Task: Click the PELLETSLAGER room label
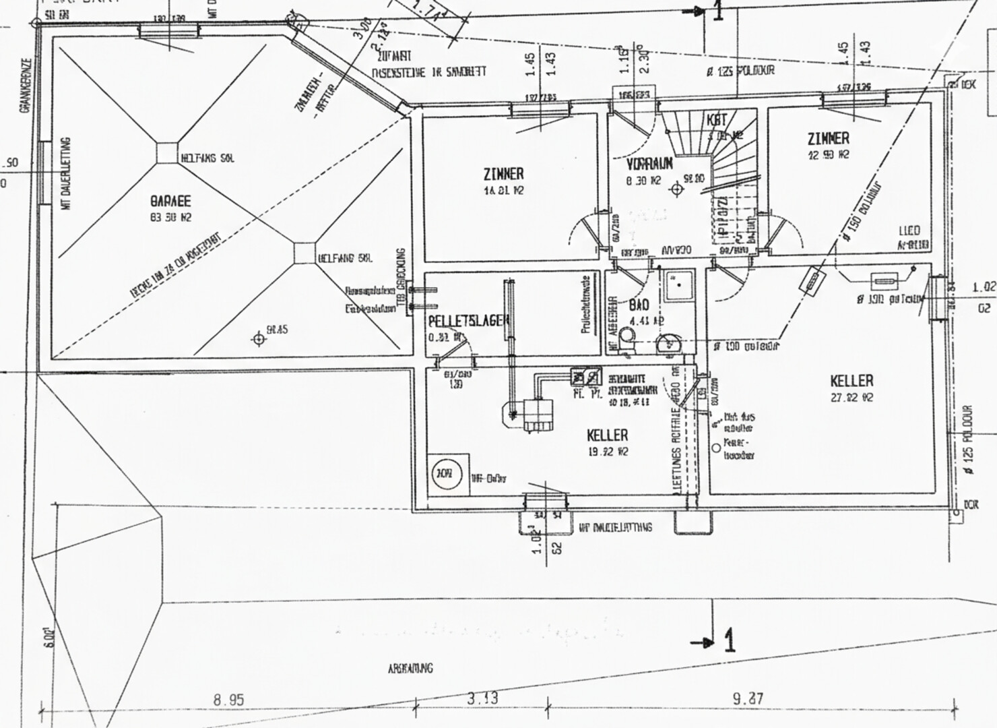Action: pyautogui.click(x=468, y=322)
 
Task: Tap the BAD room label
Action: pyautogui.click(x=639, y=305)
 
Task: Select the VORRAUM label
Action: pyautogui.click(x=649, y=164)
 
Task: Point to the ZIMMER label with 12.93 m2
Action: pyautogui.click(x=828, y=139)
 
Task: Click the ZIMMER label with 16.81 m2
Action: pyautogui.click(x=503, y=174)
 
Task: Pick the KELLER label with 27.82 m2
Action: pyautogui.click(x=851, y=382)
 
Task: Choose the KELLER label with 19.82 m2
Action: pyautogui.click(x=608, y=435)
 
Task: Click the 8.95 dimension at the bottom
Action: pyautogui.click(x=228, y=700)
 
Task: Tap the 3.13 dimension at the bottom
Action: pyautogui.click(x=482, y=698)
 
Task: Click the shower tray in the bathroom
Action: pyautogui.click(x=678, y=286)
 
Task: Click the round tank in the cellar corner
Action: pyautogui.click(x=443, y=474)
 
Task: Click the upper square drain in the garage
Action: pyautogui.click(x=166, y=152)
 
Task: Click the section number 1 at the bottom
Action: pyautogui.click(x=728, y=641)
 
